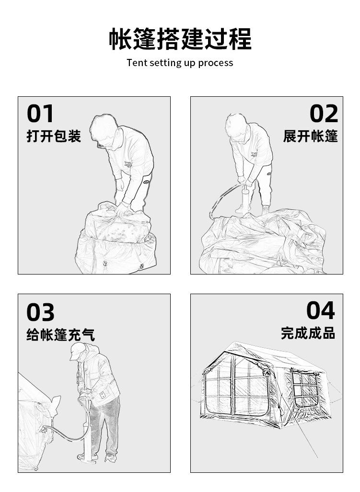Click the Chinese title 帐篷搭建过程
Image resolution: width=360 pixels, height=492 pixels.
pos(180,39)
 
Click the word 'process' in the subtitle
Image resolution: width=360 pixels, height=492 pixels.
pos(215,63)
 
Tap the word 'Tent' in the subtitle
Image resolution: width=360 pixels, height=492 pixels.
pos(137,62)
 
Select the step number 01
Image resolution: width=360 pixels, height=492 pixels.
pos(40,114)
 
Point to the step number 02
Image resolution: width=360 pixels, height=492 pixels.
pos(324,114)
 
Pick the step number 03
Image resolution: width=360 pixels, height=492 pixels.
pos(40,312)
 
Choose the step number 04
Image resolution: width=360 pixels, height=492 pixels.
pos(321,310)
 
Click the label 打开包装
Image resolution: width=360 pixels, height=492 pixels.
pos(54,136)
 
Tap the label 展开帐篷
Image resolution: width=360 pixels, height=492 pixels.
pos(311,136)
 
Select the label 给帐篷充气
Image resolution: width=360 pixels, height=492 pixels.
pos(60,334)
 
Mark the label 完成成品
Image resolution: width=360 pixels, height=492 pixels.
pos(308,333)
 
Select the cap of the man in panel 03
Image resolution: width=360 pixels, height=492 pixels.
pos(77,351)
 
